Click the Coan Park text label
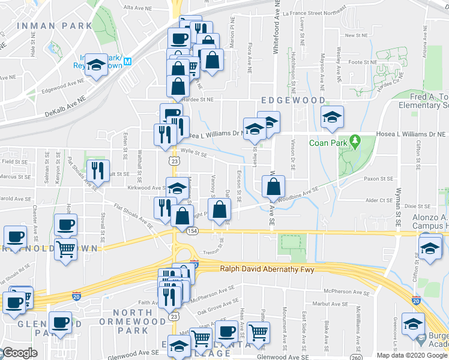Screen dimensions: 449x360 (327, 143)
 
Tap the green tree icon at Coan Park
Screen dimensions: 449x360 (355, 142)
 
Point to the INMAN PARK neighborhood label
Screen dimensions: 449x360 (55, 26)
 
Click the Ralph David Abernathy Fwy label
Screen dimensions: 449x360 (267, 270)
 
